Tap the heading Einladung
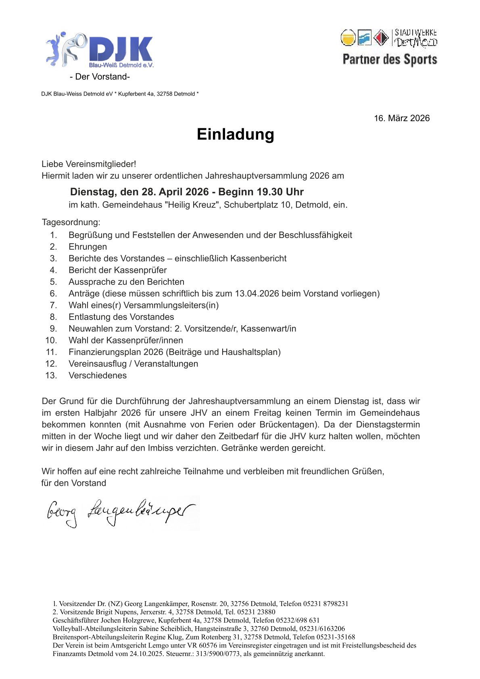[x=235, y=134]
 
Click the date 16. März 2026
[x=402, y=118]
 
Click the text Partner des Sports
[x=390, y=60]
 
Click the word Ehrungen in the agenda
[x=88, y=247]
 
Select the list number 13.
[x=51, y=375]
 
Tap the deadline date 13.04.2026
[x=257, y=293]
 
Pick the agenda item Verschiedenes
[x=98, y=375]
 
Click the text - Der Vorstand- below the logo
[x=100, y=77]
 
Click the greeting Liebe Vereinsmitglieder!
[x=89, y=164]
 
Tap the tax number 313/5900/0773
[x=218, y=654]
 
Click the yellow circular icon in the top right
[x=348, y=38]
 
